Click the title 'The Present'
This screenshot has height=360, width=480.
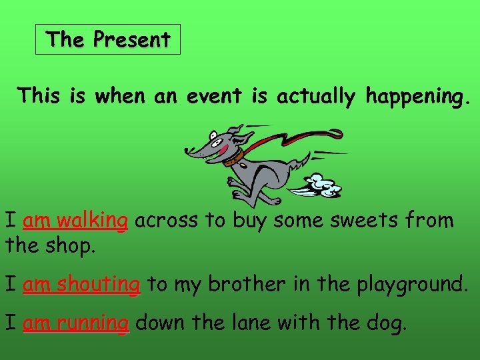tap(108, 40)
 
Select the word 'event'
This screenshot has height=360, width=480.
tap(213, 97)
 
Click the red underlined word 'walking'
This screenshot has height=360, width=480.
tap(92, 220)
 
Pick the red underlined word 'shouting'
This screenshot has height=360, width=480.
tap(99, 285)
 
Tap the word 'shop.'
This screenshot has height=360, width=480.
tap(71, 246)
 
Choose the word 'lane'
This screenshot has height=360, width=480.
tap(248, 323)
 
